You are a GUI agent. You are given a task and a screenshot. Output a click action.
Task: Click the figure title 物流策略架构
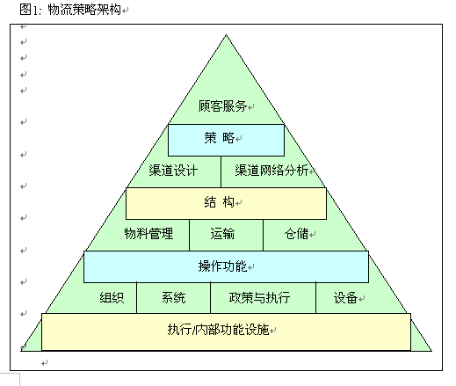pyautogui.click(x=84, y=10)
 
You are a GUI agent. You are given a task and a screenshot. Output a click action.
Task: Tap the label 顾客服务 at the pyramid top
pyautogui.click(x=222, y=106)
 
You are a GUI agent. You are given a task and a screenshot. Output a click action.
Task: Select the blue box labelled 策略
pyautogui.click(x=226, y=140)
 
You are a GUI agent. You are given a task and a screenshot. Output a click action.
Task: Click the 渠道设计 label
pyautogui.click(x=173, y=171)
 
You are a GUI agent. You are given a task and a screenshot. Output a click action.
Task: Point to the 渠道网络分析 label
pyautogui.click(x=271, y=171)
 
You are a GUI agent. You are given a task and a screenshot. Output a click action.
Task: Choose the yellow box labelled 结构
pyautogui.click(x=226, y=203)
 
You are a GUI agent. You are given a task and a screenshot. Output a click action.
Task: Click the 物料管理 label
pyautogui.click(x=148, y=234)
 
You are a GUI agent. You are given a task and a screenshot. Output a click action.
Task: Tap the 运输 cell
pyautogui.click(x=226, y=235)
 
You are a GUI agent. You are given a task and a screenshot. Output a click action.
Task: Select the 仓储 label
pyautogui.click(x=296, y=234)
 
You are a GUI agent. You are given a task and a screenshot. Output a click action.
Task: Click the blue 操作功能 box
pyautogui.click(x=226, y=266)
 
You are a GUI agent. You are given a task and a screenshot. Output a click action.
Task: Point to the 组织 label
pyautogui.click(x=112, y=298)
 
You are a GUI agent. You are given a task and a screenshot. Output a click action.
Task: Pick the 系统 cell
pyautogui.click(x=173, y=298)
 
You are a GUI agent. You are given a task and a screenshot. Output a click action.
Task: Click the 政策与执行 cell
pyautogui.click(x=263, y=298)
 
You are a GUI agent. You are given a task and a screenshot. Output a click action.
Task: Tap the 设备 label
pyautogui.click(x=345, y=298)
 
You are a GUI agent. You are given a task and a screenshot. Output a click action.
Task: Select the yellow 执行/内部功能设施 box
pyautogui.click(x=226, y=331)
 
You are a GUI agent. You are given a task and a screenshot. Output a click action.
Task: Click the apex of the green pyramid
pyautogui.click(x=226, y=35)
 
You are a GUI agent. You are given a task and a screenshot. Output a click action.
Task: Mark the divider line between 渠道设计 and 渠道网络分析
pyautogui.click(x=221, y=172)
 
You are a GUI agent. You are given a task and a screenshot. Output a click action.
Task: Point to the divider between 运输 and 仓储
pyautogui.click(x=263, y=235)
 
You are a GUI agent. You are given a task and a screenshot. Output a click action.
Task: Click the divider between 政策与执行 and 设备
pyautogui.click(x=315, y=298)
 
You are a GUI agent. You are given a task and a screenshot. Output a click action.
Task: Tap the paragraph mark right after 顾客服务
pyautogui.click(x=250, y=107)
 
